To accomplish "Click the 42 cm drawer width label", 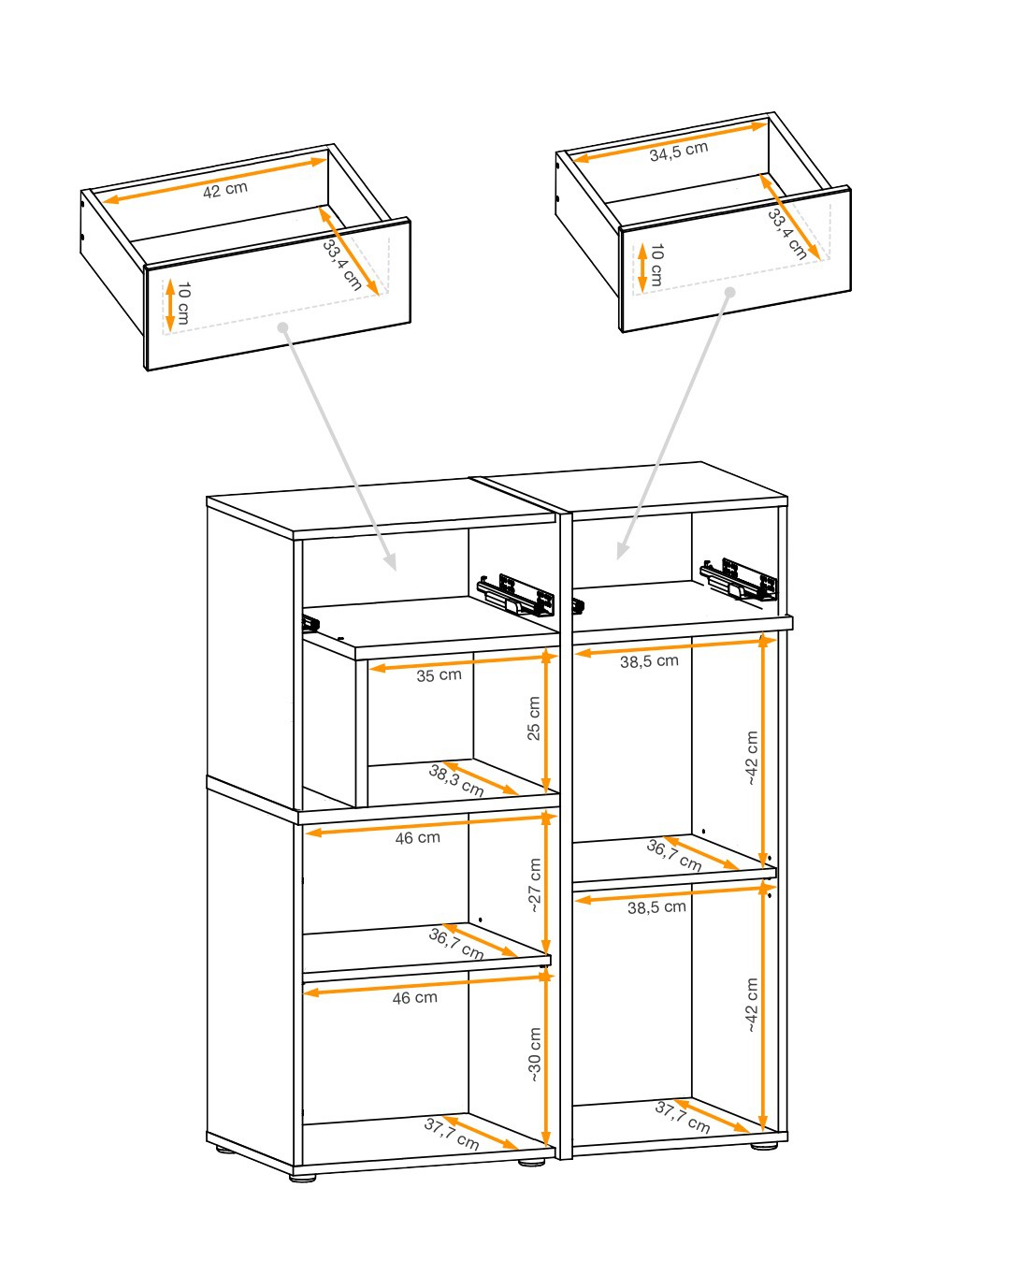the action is (225, 190).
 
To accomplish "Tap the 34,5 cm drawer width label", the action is (678, 152).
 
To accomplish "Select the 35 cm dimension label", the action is (439, 675).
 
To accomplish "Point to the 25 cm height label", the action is (534, 718).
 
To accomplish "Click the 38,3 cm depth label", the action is (456, 780).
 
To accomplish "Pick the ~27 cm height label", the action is (534, 885).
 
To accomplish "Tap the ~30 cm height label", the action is (534, 1055).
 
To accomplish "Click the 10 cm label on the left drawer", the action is (183, 303).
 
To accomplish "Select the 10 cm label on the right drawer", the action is (656, 265).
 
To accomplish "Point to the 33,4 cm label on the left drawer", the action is (342, 265).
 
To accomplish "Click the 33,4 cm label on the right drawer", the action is (786, 234).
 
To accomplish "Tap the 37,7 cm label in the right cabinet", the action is (682, 1117).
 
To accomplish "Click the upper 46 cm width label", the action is (418, 838).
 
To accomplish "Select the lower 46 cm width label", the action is (415, 998).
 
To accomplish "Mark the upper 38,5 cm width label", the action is (649, 661).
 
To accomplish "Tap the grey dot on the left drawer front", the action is (283, 327).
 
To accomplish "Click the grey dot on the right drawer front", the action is (730, 292).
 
